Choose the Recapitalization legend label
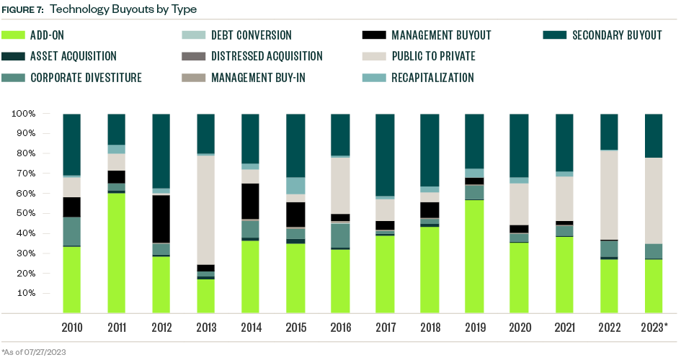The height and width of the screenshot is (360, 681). [x=432, y=78]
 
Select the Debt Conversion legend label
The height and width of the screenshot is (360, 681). [x=251, y=35]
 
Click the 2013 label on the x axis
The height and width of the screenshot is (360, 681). [x=206, y=328]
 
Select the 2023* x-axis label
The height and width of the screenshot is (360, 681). [x=654, y=328]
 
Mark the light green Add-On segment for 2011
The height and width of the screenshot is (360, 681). [x=117, y=253]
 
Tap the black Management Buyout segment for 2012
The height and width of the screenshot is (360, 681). [x=161, y=219]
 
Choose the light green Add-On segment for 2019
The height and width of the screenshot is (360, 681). [x=474, y=256]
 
